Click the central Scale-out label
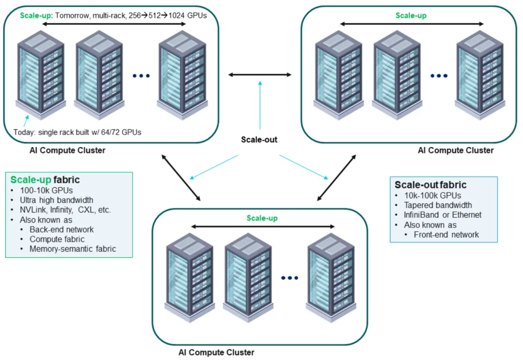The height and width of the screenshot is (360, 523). click(260, 140)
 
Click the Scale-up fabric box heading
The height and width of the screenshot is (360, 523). click(45, 180)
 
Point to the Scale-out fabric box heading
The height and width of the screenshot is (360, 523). click(431, 185)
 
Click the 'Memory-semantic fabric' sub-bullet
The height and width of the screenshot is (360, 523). click(73, 249)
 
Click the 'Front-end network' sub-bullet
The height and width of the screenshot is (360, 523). click(446, 235)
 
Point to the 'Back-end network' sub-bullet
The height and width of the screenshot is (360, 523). click(62, 229)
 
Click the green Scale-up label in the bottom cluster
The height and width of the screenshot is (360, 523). click(262, 218)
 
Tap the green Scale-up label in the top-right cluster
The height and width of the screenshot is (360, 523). click(411, 15)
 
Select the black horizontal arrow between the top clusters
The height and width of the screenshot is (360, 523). click(260, 75)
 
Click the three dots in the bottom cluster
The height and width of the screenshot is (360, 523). click(290, 278)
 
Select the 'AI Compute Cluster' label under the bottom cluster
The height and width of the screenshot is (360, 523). click(216, 352)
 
